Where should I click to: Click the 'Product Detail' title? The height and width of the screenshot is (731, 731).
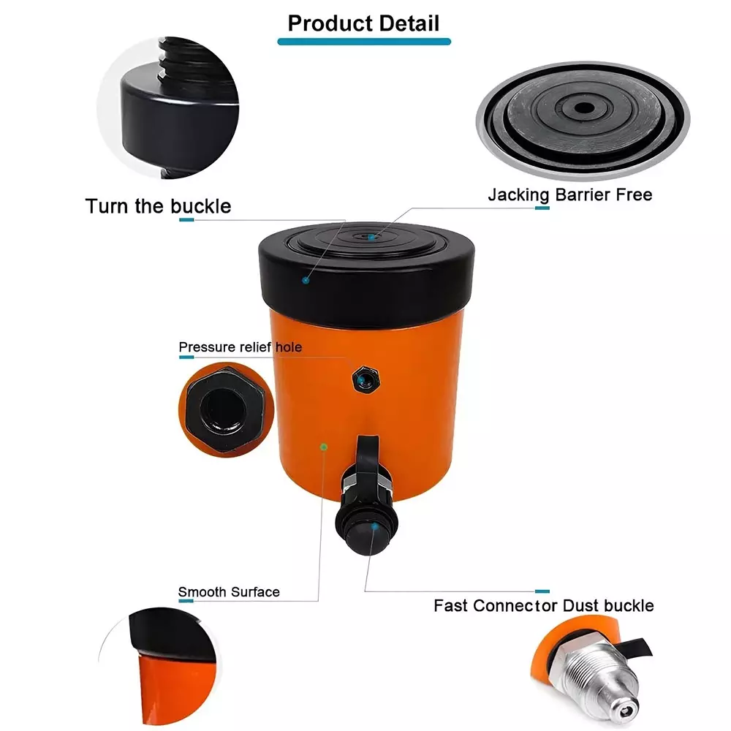(363, 23)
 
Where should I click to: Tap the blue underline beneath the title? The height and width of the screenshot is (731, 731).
(363, 42)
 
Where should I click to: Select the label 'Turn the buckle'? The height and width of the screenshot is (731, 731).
(158, 206)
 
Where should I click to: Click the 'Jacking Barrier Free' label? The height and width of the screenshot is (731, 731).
(570, 194)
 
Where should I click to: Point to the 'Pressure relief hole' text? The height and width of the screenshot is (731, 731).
(240, 346)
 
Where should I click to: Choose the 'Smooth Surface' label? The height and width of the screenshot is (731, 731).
(229, 591)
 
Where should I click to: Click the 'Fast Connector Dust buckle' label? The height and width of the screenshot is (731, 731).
(543, 605)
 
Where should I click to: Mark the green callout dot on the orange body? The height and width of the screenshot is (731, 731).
(323, 445)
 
